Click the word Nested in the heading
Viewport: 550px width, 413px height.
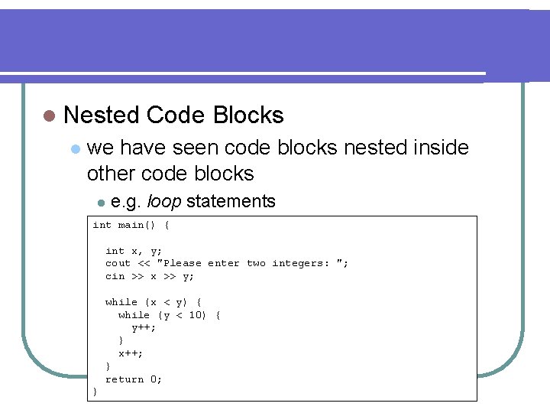click(x=102, y=115)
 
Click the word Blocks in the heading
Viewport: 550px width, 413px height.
click(x=248, y=115)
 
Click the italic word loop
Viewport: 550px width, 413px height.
click(x=163, y=202)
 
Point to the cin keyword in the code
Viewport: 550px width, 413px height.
click(x=115, y=276)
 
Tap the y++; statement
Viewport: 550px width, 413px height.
click(x=144, y=327)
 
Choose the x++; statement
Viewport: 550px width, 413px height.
click(x=131, y=353)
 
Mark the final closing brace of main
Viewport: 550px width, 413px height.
click(x=95, y=392)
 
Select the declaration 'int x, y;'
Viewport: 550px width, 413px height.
click(x=134, y=251)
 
